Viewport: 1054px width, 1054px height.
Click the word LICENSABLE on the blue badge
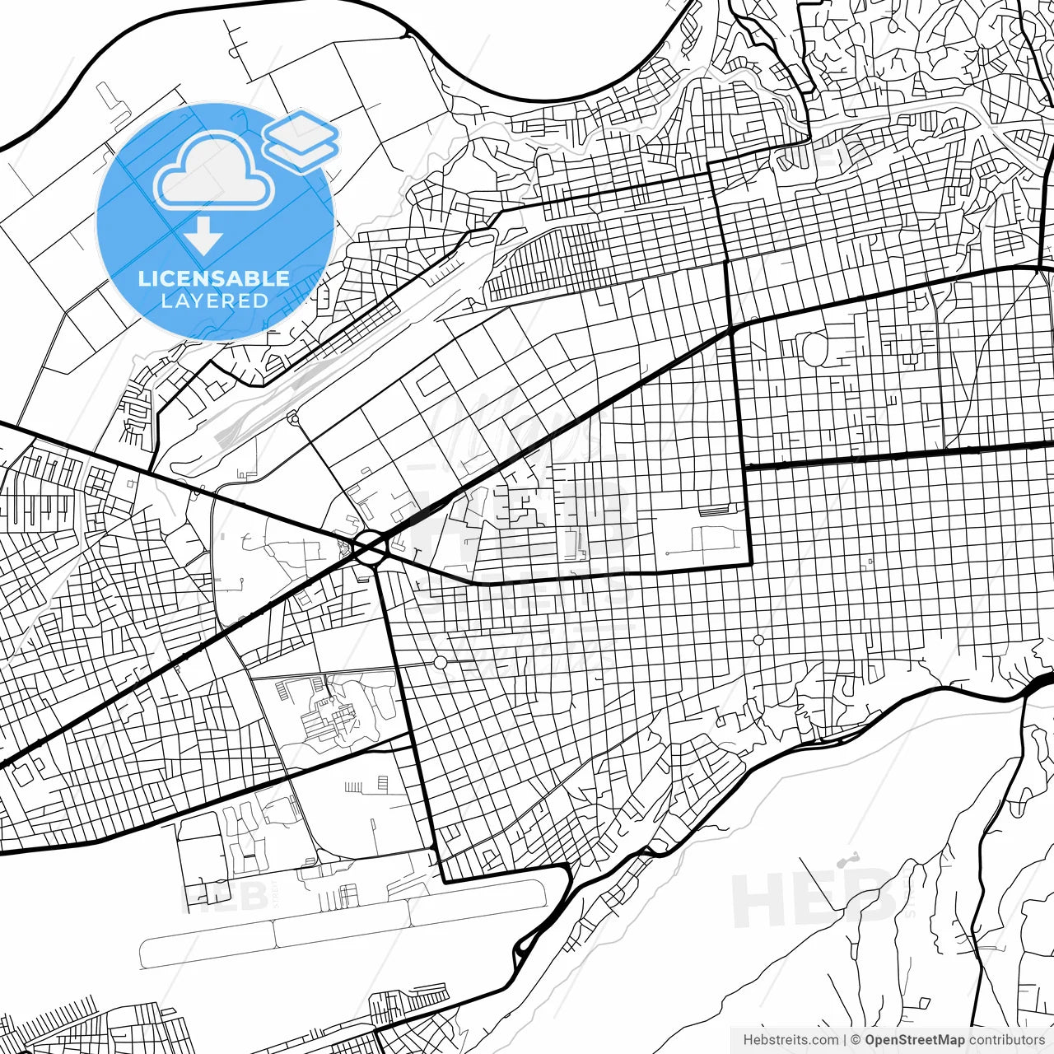click(214, 278)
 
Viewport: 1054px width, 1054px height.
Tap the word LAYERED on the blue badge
click(214, 301)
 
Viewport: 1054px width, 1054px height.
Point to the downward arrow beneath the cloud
click(203, 238)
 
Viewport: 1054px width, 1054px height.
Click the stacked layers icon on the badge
click(301, 140)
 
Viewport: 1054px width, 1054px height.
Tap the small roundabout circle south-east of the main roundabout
click(441, 662)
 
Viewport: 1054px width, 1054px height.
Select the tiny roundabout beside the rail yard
click(292, 419)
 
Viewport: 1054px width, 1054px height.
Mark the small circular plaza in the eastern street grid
click(758, 640)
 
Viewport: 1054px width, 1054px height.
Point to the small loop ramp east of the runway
click(520, 955)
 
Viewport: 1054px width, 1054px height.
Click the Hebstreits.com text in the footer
click(790, 1040)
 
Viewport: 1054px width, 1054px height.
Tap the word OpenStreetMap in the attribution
click(914, 1040)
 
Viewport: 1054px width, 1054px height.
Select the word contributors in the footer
click(1006, 1040)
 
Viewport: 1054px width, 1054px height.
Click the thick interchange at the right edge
click(1039, 682)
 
